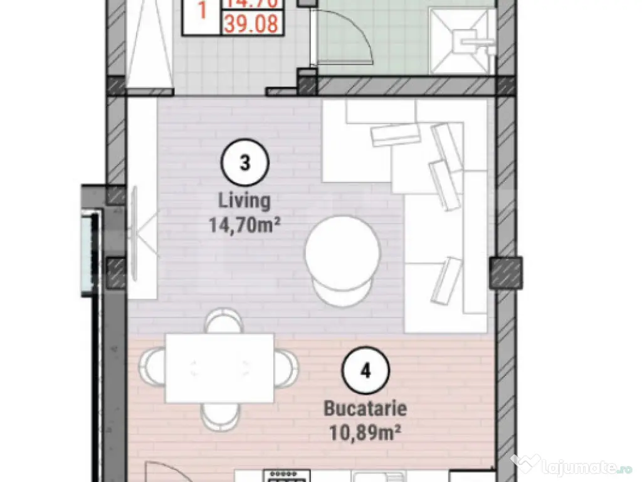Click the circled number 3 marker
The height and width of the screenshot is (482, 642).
[245, 163]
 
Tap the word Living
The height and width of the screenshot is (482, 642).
[245, 201]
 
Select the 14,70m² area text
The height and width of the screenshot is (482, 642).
[245, 223]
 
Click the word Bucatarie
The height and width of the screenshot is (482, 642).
[365, 409]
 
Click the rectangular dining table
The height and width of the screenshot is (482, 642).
[219, 368]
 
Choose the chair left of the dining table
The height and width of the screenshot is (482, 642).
[152, 368]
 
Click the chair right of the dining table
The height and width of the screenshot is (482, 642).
[287, 368]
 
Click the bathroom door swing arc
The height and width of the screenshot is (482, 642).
[357, 38]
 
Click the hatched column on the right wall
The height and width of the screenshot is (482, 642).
[505, 272]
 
